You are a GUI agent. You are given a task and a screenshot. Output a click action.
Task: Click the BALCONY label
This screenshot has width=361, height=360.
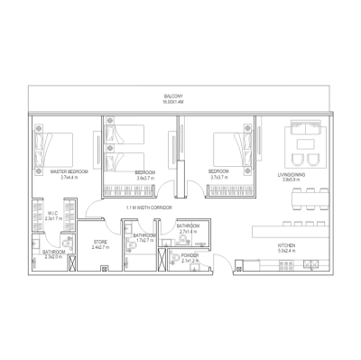(173, 96)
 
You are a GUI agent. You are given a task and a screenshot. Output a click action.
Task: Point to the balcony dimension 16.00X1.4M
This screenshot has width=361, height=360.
(173, 102)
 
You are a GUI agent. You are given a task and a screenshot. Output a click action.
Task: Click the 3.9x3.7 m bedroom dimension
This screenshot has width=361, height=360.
(146, 178)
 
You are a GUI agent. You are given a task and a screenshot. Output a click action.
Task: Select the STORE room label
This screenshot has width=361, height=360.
(101, 242)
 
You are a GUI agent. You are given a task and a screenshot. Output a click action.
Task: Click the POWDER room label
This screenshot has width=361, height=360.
(189, 255)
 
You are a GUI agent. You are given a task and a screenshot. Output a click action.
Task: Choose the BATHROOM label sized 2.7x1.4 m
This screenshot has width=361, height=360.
(189, 226)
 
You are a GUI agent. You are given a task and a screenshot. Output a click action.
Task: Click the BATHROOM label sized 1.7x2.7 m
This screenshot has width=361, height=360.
(144, 235)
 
